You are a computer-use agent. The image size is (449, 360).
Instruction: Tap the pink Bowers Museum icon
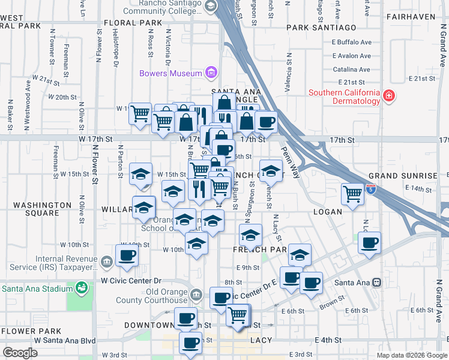[x=211, y=74]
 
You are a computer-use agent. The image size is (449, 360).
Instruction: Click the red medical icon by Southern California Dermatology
[x=389, y=96]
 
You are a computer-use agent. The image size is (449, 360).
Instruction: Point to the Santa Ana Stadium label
[x=33, y=288]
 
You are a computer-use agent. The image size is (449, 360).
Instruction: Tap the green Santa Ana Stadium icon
[x=80, y=289]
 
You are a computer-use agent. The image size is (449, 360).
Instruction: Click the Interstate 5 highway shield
[x=372, y=190]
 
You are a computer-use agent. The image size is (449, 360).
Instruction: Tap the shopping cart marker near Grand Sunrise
[x=352, y=193]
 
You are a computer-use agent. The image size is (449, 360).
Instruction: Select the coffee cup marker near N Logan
[x=370, y=242]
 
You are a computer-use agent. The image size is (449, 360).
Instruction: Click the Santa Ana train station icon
[x=377, y=282]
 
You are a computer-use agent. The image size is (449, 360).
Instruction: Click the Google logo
[x=20, y=352]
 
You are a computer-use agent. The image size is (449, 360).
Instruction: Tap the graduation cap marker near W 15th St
[x=140, y=174]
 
